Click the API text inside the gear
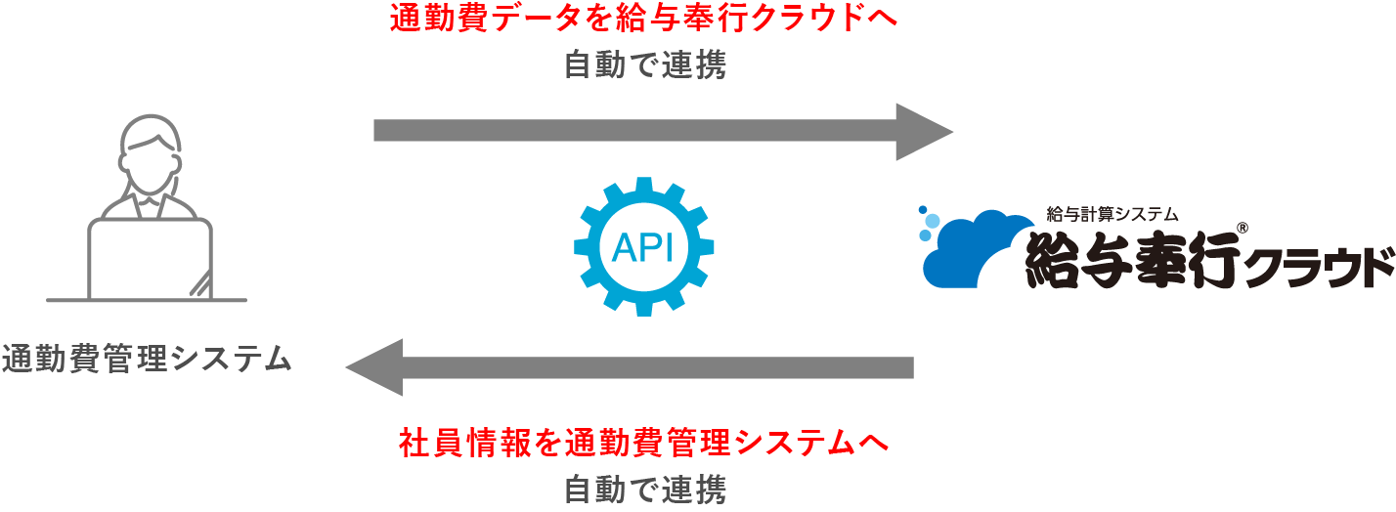tap(642, 248)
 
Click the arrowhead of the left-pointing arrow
tap(376, 367)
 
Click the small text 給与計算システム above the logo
tap(1113, 213)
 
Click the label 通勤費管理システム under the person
tap(147, 359)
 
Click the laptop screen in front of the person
tap(150, 259)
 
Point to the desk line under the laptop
tap(147, 299)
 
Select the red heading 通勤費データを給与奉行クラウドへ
tap(642, 20)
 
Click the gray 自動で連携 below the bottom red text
tap(644, 489)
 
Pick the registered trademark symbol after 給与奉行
tap(1242, 228)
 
